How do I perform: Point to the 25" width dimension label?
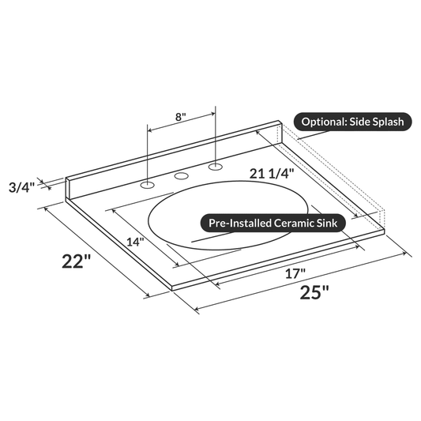pos(314,291)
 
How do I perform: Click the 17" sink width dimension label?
pos(295,274)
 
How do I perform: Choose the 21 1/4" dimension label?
pos(273,173)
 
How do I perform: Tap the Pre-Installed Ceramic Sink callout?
pos(272,224)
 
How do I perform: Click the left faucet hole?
pos(146,186)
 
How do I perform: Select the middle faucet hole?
pos(181,176)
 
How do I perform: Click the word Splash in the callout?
pos(386,122)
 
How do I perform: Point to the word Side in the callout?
pos(359,122)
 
